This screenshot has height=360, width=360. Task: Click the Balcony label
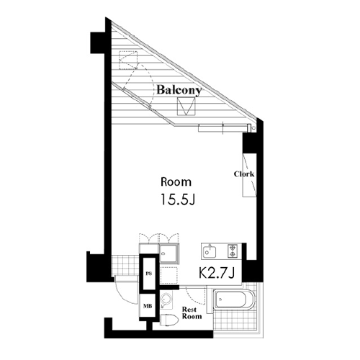click(x=179, y=90)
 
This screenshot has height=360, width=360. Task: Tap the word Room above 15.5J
click(x=176, y=182)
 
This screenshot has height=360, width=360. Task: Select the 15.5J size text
click(x=177, y=199)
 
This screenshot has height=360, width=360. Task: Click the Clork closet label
click(x=244, y=174)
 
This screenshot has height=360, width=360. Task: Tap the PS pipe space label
click(x=149, y=274)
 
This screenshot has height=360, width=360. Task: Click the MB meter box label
click(x=148, y=306)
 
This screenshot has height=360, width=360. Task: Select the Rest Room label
click(x=192, y=313)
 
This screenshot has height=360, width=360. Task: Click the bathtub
click(x=234, y=300)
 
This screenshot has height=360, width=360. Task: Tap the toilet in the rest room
click(x=168, y=320)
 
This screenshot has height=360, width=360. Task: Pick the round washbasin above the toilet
click(x=166, y=300)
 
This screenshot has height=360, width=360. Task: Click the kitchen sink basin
click(x=210, y=252)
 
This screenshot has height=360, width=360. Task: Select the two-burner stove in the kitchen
click(x=233, y=251)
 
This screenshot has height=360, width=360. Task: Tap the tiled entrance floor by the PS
click(x=125, y=266)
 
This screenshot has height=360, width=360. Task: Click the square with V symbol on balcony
click(x=186, y=106)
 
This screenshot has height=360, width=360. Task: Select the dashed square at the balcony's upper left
click(x=128, y=60)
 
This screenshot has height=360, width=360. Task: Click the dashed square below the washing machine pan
click(x=169, y=275)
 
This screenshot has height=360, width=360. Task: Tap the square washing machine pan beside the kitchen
click(x=169, y=253)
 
